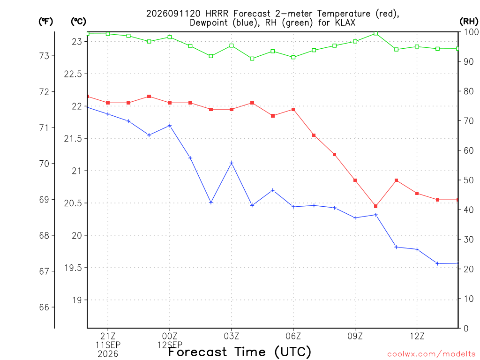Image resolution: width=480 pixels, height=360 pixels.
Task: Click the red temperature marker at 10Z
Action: [x=375, y=206]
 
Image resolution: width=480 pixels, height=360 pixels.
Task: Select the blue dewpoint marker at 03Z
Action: [x=232, y=163]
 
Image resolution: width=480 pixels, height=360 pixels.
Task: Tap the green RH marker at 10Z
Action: [x=376, y=33]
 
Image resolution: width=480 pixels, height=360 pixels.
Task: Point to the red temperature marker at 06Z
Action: [x=293, y=110]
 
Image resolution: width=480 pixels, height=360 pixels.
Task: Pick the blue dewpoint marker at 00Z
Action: [x=170, y=126]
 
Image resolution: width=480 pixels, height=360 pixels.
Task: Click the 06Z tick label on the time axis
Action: [x=293, y=336]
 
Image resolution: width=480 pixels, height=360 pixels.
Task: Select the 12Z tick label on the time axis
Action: [x=417, y=336]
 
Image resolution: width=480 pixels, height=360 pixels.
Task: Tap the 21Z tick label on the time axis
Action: [x=108, y=336]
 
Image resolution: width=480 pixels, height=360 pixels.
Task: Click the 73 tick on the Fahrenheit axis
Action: [x=44, y=56]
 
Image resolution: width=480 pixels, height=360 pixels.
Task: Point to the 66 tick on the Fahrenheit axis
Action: [x=44, y=307]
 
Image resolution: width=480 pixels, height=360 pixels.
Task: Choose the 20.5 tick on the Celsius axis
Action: [x=73, y=203]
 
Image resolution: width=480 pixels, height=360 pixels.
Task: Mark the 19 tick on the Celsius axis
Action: [x=77, y=300]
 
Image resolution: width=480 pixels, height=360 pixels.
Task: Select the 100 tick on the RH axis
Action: [x=471, y=32]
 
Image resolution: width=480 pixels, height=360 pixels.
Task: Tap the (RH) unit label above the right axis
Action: [x=469, y=22]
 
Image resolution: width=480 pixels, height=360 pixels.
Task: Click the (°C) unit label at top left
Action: [x=78, y=22]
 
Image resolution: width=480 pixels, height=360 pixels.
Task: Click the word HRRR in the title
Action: [x=217, y=14]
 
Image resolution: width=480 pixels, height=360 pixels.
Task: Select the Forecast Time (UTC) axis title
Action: [x=240, y=352]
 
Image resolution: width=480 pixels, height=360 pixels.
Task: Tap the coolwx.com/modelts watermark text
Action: [x=431, y=354]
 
